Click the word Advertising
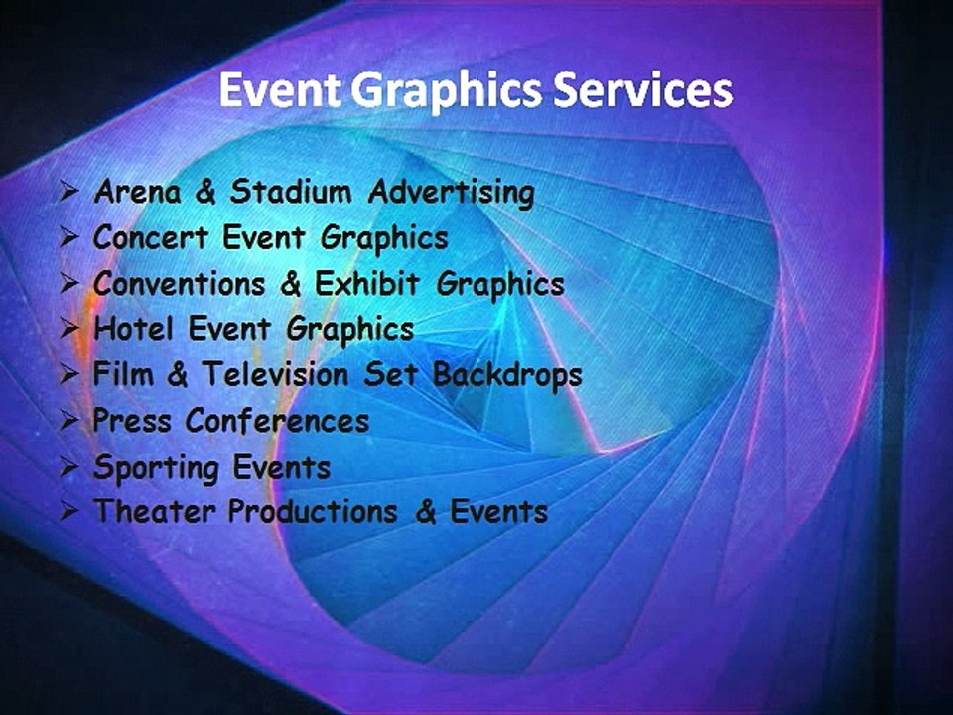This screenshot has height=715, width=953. pyautogui.click(x=451, y=193)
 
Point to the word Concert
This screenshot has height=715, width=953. pyautogui.click(x=150, y=239)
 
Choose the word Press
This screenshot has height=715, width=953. pyautogui.click(x=132, y=422)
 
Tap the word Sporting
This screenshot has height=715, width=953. pyautogui.click(x=155, y=468)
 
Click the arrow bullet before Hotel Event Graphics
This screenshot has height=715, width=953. pyautogui.click(x=69, y=328)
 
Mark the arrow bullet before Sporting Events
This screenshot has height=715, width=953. pyautogui.click(x=69, y=466)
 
